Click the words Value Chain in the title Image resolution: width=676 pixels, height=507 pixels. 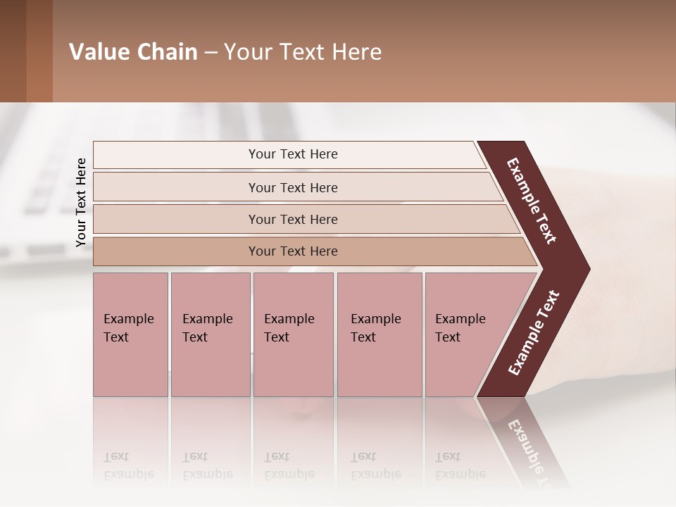(133, 52)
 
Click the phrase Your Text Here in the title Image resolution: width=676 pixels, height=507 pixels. (303, 52)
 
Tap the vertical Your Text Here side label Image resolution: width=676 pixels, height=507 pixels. (81, 202)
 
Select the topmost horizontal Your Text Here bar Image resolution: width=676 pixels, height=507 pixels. (293, 154)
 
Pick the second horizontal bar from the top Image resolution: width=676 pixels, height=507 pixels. (293, 187)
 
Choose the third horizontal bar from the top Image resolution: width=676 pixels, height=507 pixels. (293, 219)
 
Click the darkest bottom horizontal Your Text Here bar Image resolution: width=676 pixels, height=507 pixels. (293, 251)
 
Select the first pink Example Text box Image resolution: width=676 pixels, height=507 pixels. (130, 334)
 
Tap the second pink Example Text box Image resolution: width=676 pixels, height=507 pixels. (210, 334)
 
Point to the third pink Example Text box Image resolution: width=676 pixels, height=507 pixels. (293, 334)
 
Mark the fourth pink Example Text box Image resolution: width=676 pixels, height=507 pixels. (380, 334)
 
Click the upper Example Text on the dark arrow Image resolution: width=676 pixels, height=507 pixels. (532, 201)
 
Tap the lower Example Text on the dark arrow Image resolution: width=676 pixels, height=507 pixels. (534, 332)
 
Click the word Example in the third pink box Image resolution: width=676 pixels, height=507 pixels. (289, 319)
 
